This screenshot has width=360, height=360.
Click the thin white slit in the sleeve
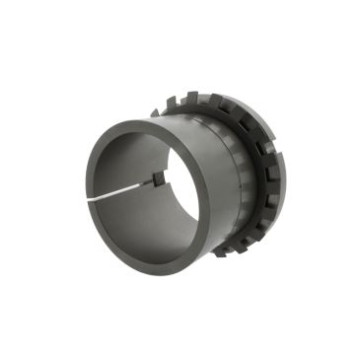128,190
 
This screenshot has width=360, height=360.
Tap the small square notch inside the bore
157,179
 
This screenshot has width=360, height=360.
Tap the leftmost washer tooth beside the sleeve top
156,111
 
